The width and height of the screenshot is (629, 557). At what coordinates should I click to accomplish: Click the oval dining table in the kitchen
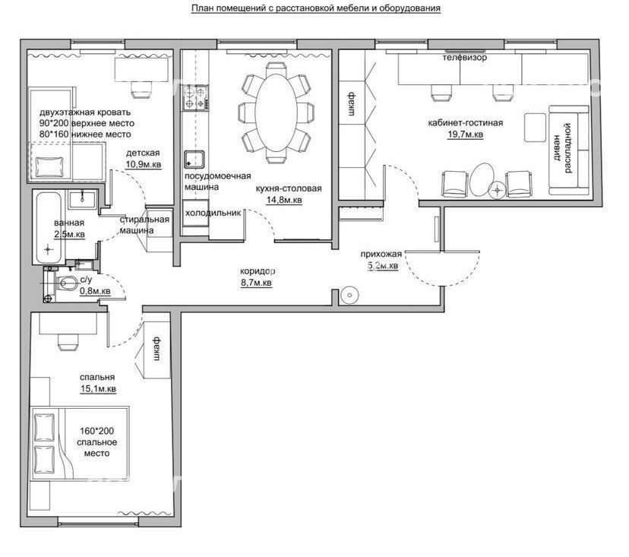(276, 112)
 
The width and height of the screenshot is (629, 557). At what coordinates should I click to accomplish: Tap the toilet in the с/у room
(67, 283)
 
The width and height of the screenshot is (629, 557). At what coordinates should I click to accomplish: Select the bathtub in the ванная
(49, 228)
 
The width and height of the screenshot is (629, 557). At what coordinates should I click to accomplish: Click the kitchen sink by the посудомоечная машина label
(194, 160)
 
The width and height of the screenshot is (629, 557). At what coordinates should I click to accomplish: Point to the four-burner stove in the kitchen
(195, 98)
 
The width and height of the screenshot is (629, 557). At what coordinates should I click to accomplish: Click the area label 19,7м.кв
(466, 135)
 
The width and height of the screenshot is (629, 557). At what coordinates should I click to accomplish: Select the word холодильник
(213, 213)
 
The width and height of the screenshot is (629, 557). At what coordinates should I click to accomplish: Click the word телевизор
(465, 58)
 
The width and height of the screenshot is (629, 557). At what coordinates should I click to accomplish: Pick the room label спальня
(97, 377)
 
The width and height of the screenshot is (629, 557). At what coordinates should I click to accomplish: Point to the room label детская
(143, 153)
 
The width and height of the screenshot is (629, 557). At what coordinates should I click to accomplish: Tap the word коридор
(258, 272)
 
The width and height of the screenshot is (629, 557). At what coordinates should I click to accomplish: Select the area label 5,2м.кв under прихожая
(383, 266)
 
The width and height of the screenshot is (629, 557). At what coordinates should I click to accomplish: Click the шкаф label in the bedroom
(157, 349)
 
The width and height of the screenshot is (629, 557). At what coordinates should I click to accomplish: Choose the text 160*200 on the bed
(96, 431)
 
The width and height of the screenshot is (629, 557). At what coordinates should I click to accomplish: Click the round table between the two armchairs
(482, 180)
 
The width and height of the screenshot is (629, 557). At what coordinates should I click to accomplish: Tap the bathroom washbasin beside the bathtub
(82, 199)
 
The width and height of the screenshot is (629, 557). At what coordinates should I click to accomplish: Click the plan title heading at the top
(316, 8)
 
